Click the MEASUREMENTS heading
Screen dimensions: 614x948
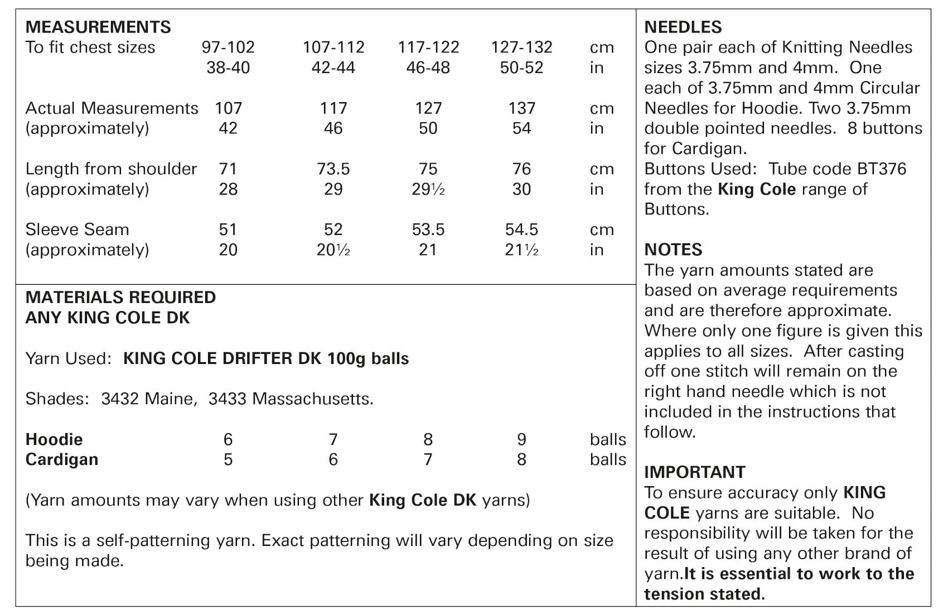98,27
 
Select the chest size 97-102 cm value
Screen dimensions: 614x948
228,47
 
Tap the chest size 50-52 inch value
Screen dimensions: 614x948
521,68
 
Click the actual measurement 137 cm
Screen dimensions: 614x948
521,108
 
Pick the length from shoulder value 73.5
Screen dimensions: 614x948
333,169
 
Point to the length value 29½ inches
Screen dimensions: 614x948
428,189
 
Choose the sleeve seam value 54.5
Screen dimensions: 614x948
521,229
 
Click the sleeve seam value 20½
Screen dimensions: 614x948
333,250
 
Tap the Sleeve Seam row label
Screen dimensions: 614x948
77,229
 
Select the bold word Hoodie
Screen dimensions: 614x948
54,439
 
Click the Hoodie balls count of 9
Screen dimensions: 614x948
521,439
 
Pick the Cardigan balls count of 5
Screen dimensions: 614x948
228,459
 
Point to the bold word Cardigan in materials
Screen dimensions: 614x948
62,459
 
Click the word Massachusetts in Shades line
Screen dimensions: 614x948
312,399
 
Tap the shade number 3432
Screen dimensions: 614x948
120,399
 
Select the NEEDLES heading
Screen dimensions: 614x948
683,27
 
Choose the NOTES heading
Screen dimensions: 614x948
673,250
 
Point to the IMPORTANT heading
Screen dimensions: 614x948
694,472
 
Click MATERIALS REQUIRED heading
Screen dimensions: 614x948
120,297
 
